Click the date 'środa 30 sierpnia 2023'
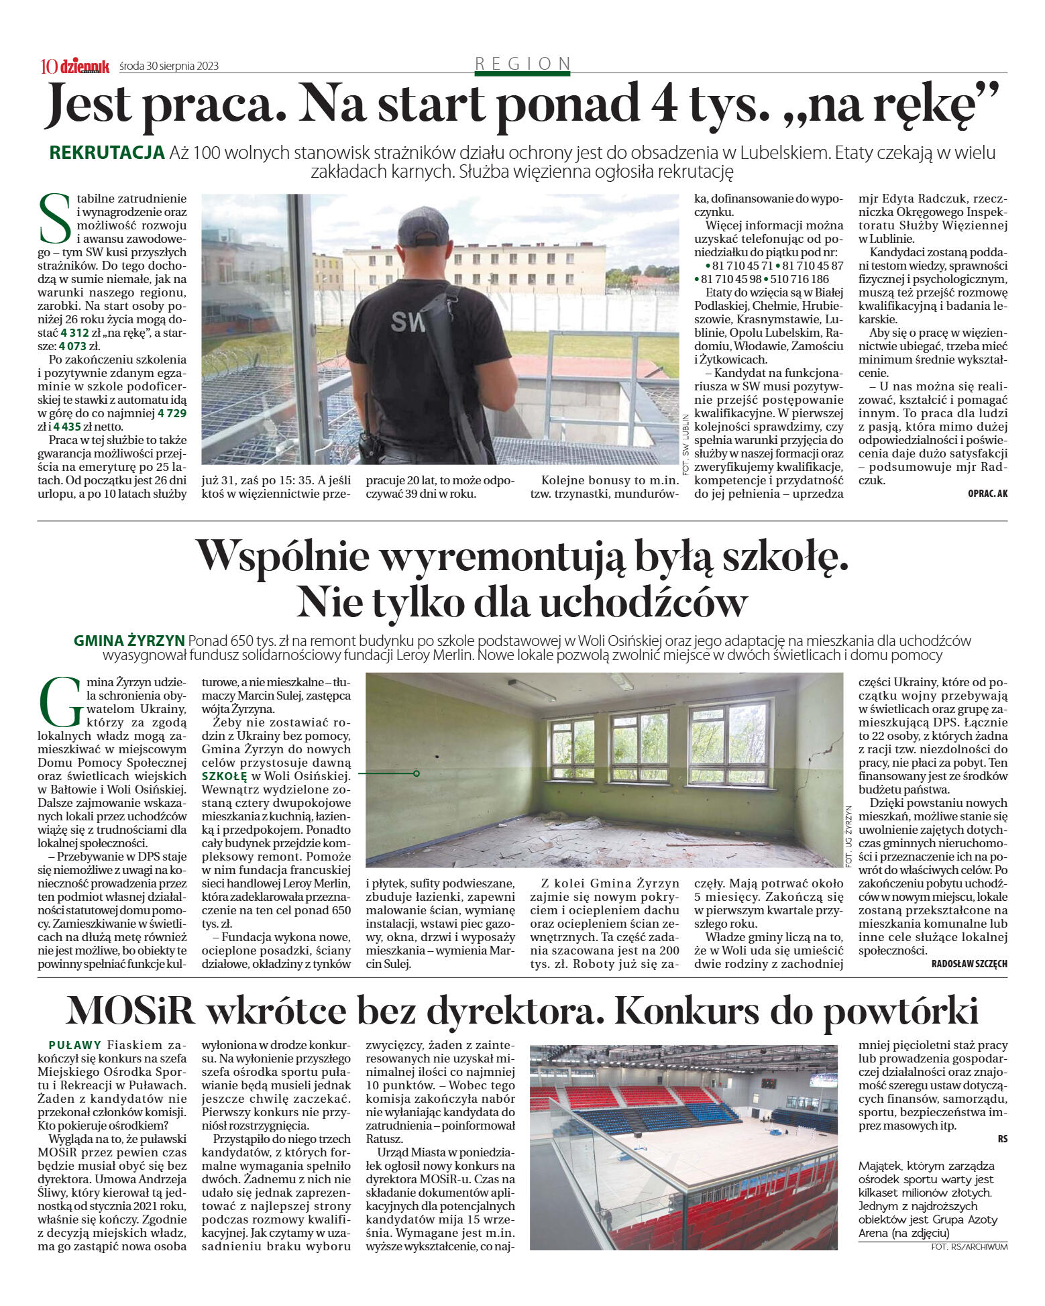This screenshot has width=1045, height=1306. coord(168,66)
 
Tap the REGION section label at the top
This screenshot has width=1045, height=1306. coord(522,63)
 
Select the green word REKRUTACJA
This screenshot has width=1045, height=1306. coord(107,153)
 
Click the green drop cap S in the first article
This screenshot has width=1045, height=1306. coord(54,219)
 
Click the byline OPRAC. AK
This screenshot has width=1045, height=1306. coord(987,494)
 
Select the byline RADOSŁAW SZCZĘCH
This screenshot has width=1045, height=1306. coord(969,964)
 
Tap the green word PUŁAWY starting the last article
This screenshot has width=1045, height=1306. coord(75,1045)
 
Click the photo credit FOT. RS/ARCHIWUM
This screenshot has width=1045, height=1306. coord(969,1247)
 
